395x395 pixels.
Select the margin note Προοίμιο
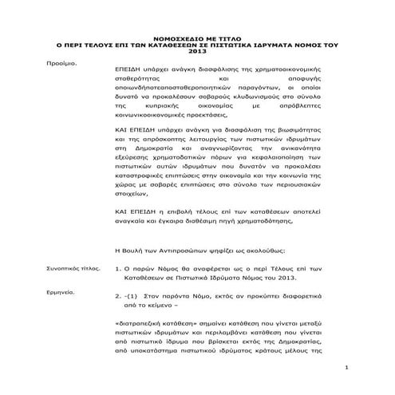click(60, 63)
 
